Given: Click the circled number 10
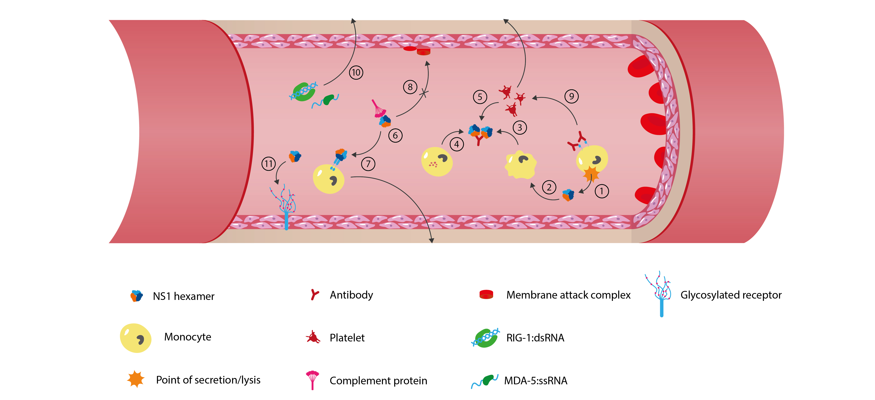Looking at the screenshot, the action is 356,72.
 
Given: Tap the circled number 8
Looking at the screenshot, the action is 410,87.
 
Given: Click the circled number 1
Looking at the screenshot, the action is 602,191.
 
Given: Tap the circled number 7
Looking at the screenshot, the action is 368,164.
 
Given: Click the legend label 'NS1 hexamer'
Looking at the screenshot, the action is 183,296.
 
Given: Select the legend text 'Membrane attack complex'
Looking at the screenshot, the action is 568,295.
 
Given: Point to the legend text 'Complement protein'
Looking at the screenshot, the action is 378,381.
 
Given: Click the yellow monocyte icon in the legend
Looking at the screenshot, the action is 135,338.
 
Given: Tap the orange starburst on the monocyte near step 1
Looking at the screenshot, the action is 591,174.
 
